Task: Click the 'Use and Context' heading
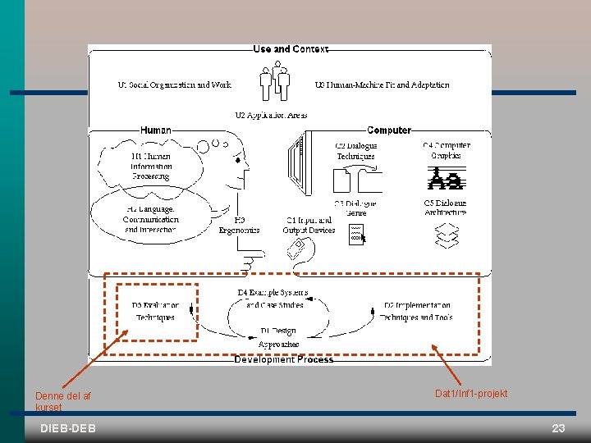pyautogui.click(x=291, y=49)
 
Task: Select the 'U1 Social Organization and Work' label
pyautogui.click(x=175, y=84)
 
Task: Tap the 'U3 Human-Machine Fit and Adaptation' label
pyautogui.click(x=382, y=84)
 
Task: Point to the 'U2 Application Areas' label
pyautogui.click(x=271, y=115)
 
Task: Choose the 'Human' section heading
pyautogui.click(x=156, y=130)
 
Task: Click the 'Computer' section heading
pyautogui.click(x=389, y=130)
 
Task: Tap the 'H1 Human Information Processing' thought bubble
pyautogui.click(x=151, y=167)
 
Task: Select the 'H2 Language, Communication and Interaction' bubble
pyautogui.click(x=150, y=219)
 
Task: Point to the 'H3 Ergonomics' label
pyautogui.click(x=239, y=225)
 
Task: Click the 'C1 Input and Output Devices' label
pyautogui.click(x=309, y=225)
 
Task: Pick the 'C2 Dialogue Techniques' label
pyautogui.click(x=356, y=151)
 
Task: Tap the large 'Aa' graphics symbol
pyautogui.click(x=447, y=178)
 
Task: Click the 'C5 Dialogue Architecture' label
pyautogui.click(x=446, y=208)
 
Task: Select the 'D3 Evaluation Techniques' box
pyautogui.click(x=156, y=311)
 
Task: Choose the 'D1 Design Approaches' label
pyautogui.click(x=278, y=337)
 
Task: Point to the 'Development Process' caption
pyautogui.click(x=284, y=359)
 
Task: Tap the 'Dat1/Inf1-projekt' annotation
pyautogui.click(x=471, y=394)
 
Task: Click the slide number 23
pyautogui.click(x=559, y=428)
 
